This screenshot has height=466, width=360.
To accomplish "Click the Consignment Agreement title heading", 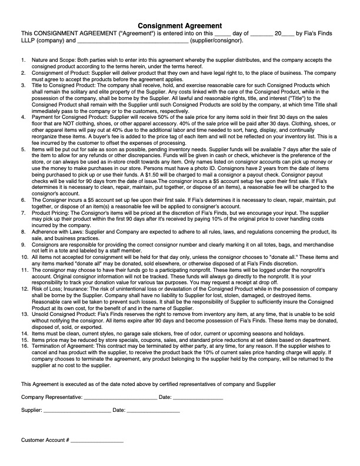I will click(x=179, y=26).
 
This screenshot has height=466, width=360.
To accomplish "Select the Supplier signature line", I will click(x=74, y=410).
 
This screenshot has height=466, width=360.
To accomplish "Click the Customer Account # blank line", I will click(x=97, y=441).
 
